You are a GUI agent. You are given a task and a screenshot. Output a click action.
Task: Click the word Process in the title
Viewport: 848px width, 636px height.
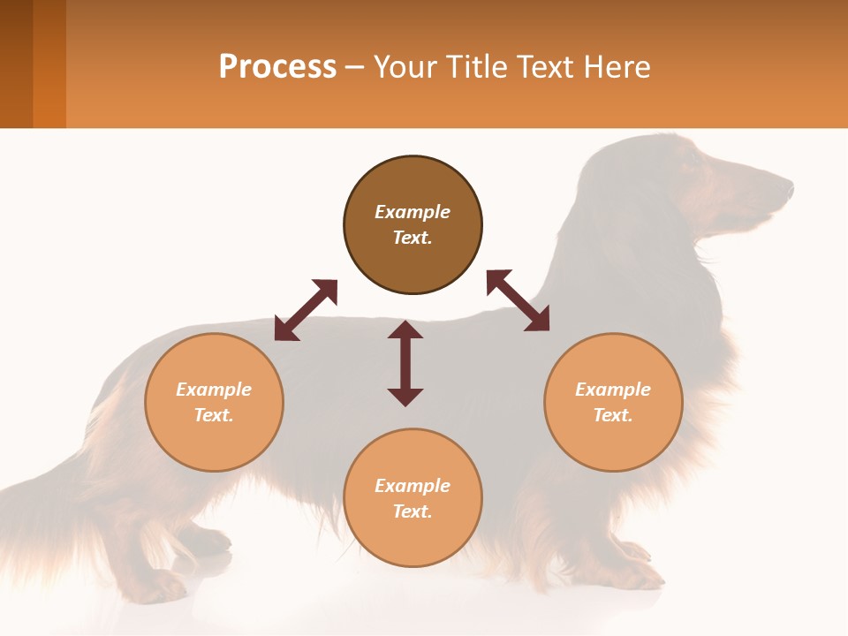(x=277, y=66)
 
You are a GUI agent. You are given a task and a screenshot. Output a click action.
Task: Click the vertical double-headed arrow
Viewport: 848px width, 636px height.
(x=405, y=363)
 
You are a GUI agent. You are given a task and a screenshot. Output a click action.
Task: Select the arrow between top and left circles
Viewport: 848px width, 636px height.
(x=306, y=310)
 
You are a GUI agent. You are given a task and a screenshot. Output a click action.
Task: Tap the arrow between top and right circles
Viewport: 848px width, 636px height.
(x=518, y=300)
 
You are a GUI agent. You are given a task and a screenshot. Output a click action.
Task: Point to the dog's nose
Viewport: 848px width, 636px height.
(x=787, y=186)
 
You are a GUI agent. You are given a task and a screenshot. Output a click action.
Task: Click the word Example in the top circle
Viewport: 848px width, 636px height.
(x=413, y=212)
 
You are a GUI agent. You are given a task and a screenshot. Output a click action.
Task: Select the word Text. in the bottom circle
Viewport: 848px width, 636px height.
(x=413, y=511)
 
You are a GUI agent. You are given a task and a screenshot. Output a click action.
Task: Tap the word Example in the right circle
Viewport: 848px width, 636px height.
(x=613, y=390)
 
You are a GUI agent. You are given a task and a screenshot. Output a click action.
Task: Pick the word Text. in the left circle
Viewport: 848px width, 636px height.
(x=214, y=415)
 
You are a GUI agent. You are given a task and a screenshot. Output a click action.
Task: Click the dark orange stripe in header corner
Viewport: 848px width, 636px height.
(x=49, y=64)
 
